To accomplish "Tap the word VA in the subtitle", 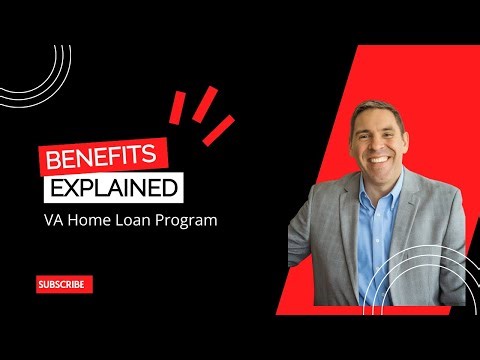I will coord(53,220).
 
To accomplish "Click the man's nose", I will coord(380,138).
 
